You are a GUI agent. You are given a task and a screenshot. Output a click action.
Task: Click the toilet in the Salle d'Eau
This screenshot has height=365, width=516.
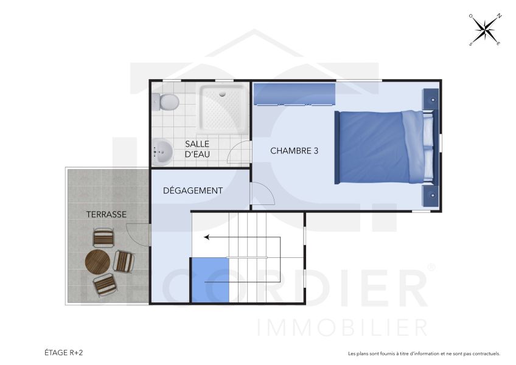166,102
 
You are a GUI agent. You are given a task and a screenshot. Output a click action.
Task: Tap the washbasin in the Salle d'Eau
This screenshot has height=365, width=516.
162,152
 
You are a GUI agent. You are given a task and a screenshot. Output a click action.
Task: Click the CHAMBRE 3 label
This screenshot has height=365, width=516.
295,151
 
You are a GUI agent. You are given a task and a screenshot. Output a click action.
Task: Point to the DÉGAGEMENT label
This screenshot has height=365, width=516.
193,190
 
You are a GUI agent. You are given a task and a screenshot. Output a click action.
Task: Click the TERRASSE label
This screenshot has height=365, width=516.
106,214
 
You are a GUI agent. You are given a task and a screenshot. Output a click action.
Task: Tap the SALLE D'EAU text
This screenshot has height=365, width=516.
197,149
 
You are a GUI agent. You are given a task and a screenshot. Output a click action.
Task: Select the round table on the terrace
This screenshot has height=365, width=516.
97,262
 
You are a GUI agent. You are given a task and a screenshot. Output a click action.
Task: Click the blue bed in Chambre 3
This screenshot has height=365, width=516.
383,147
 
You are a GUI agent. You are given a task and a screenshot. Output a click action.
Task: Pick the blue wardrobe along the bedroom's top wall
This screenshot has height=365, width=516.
295,94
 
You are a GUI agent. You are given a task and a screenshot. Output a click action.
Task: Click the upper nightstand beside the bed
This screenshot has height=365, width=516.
430,99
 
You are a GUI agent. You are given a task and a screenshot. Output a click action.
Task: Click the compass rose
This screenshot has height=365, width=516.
485,29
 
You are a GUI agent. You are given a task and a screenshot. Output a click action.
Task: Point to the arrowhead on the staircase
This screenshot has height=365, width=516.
207,237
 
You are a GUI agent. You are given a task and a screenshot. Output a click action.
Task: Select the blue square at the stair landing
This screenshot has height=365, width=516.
210,280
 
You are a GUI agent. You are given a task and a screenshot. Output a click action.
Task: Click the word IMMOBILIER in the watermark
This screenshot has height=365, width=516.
343,328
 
